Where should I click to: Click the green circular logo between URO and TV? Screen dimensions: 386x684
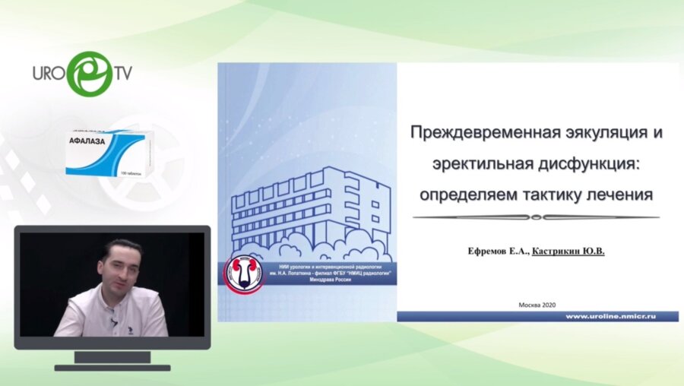pos(89,73)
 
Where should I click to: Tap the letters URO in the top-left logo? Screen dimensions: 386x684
pos(48,74)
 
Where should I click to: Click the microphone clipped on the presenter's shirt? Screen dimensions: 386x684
pos(113,322)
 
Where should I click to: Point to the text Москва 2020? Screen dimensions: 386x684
pos(538,304)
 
